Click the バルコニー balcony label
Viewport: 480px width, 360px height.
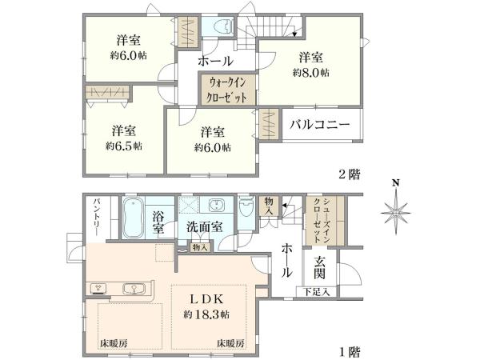(x=319, y=126)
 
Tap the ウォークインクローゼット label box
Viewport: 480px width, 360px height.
(x=229, y=88)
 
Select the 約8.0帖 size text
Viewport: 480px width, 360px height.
(x=312, y=73)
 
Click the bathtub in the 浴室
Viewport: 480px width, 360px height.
(x=134, y=218)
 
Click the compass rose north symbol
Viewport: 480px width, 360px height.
(x=394, y=214)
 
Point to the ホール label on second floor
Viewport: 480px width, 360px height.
(x=216, y=61)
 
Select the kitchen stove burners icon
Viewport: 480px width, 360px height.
(x=98, y=287)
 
